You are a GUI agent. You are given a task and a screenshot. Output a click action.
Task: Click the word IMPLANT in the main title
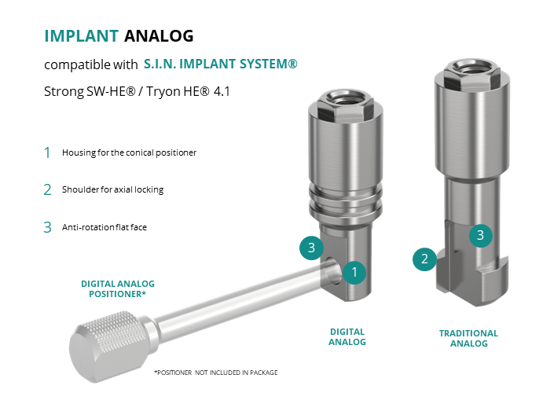pyautogui.click(x=82, y=36)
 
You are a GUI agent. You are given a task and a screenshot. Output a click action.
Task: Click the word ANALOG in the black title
pyautogui.click(x=159, y=36)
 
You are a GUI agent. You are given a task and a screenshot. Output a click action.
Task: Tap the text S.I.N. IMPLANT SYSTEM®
pyautogui.click(x=221, y=64)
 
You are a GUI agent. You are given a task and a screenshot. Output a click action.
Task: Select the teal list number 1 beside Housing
pyautogui.click(x=47, y=153)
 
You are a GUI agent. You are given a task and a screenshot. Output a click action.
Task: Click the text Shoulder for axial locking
pyautogui.click(x=112, y=189)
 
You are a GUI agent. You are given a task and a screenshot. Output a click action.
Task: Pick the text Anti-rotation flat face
pyautogui.click(x=104, y=227)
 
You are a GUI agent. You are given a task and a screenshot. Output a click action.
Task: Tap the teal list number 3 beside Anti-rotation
pyautogui.click(x=47, y=227)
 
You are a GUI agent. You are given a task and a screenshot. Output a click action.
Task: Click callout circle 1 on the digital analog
pyautogui.click(x=354, y=272)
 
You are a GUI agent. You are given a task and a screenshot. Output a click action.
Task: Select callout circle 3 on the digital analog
pyautogui.click(x=311, y=248)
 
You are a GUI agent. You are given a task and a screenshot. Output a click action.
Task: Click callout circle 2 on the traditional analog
pyautogui.click(x=424, y=259)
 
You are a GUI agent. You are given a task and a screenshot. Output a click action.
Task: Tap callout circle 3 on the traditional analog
pyautogui.click(x=481, y=235)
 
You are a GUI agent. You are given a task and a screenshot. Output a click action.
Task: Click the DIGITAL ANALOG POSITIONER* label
pyautogui.click(x=118, y=288)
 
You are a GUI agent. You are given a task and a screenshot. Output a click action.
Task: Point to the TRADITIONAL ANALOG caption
pyautogui.click(x=468, y=338)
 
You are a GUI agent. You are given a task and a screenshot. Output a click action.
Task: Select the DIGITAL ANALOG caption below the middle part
pyautogui.click(x=347, y=337)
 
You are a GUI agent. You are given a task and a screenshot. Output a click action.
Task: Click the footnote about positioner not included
pyautogui.click(x=216, y=373)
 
